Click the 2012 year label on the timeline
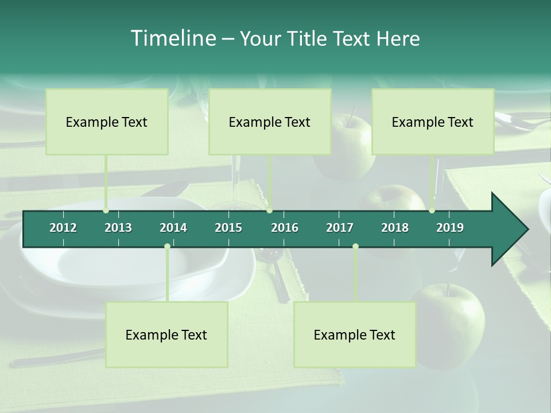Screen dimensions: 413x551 [x=63, y=228]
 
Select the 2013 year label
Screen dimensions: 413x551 [x=118, y=228]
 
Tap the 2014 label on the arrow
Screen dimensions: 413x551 [x=173, y=228]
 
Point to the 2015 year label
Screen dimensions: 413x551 [x=228, y=228]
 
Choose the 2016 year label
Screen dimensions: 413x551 [x=285, y=228]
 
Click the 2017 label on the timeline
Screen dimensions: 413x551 [x=340, y=228]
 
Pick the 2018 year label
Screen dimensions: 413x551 [x=395, y=228]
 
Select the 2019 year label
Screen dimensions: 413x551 [x=450, y=228]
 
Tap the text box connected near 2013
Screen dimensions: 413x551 [x=107, y=122]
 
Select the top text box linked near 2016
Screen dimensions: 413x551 [x=270, y=122]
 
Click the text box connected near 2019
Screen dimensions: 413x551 [x=433, y=122]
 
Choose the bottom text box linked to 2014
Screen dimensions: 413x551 [x=166, y=334]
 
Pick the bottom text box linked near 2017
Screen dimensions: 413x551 [x=355, y=334]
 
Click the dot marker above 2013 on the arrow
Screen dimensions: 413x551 [x=106, y=211]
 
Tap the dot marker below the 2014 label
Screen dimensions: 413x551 [x=167, y=246]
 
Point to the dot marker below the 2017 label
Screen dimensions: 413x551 [x=355, y=246]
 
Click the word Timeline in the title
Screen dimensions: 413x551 [x=172, y=38]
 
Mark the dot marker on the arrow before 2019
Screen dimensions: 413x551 [x=432, y=211]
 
